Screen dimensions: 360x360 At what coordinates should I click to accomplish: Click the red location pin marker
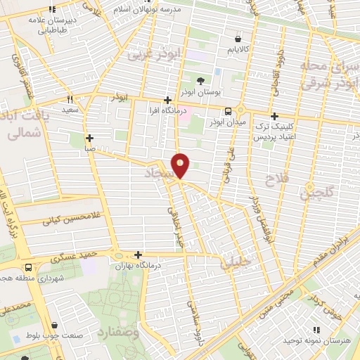181,165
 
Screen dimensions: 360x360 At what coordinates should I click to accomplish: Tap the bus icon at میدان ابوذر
228,111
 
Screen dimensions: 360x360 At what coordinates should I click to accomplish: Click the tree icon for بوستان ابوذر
201,81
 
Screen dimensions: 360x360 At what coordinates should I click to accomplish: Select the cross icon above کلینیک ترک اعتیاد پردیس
274,116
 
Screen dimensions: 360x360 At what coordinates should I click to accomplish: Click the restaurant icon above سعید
70,99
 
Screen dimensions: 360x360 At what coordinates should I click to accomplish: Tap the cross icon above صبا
89,138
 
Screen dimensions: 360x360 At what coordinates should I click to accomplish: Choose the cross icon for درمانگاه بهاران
138,255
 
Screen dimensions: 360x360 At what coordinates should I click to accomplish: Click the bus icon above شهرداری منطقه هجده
28,268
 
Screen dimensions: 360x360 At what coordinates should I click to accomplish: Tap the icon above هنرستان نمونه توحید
315,329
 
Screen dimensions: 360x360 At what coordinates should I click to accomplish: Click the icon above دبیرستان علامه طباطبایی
51,10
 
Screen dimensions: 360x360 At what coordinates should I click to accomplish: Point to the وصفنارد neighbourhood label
121,330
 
